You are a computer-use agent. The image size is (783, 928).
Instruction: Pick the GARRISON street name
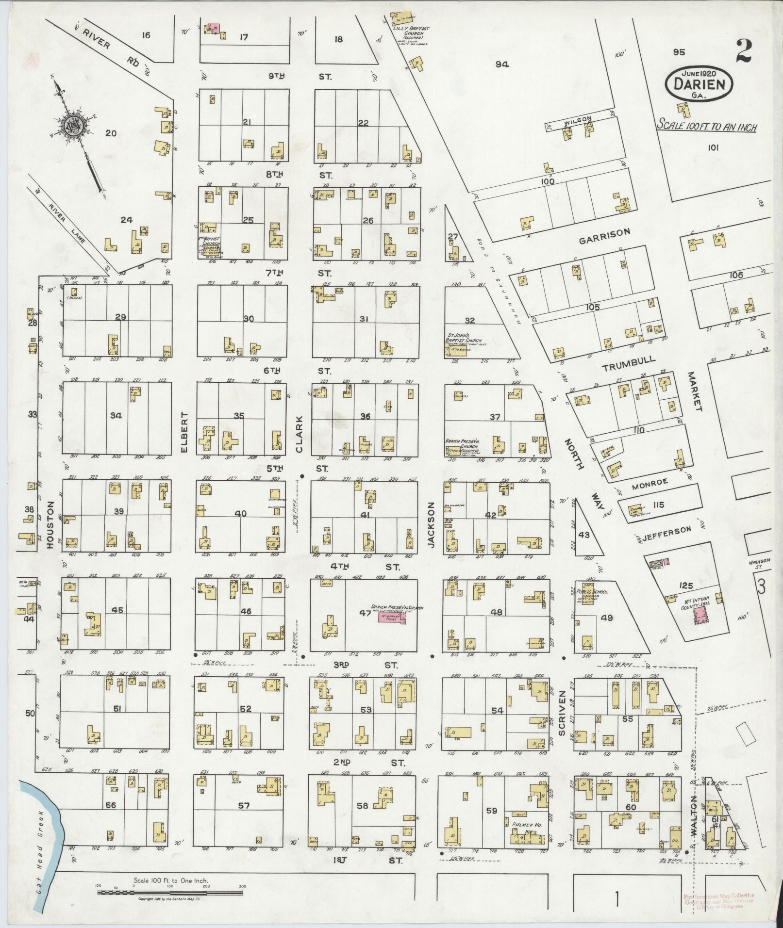pos(604,233)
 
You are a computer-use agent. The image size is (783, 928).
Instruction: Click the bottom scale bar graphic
pos(170,892)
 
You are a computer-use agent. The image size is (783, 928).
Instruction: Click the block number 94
pos(502,64)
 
